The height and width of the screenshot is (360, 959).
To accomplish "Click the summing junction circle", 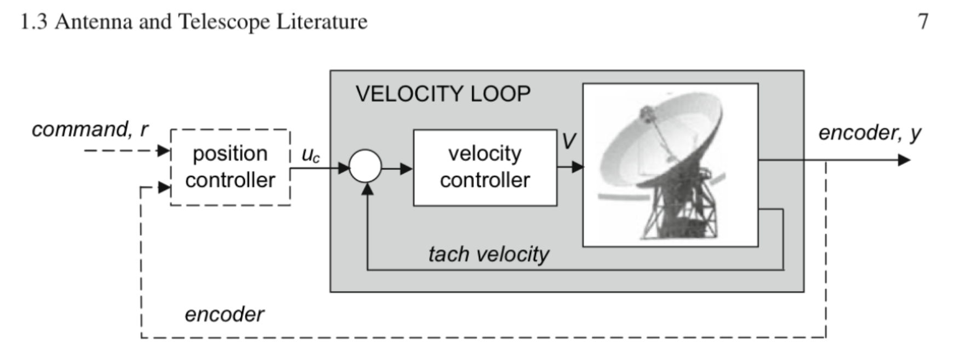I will [x=366, y=166].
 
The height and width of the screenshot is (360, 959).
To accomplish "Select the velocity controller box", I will [x=484, y=167].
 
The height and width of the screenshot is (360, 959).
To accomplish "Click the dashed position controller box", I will [x=230, y=167].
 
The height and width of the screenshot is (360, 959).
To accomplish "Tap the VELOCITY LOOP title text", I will [x=443, y=94].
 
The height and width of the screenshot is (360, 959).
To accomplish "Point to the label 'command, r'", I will [x=90, y=129].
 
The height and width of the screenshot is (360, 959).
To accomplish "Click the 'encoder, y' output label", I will [x=869, y=133].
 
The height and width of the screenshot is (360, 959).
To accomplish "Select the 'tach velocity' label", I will [x=488, y=254].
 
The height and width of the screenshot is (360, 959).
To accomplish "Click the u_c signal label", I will [x=310, y=155].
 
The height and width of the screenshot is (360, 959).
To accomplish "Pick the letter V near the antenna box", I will [x=569, y=141].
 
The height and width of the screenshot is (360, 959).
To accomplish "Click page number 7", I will [x=923, y=22].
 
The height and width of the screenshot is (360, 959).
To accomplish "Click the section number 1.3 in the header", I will [x=34, y=22].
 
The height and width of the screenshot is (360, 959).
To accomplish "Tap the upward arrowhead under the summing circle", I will [x=368, y=189].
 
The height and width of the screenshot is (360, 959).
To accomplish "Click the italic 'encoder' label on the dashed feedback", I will [x=224, y=315].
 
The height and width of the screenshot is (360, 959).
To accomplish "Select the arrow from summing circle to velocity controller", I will [x=397, y=169].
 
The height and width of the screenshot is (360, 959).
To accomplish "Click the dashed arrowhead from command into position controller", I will [x=163, y=150].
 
